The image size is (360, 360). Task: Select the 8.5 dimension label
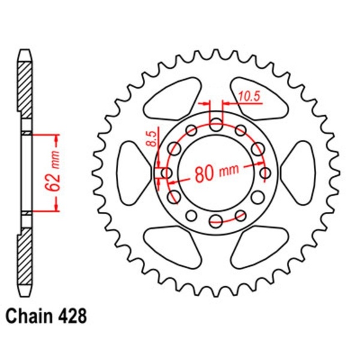pos(152,139)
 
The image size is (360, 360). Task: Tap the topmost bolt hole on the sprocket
pos(217,124)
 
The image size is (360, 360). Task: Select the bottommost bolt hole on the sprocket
pos(217,221)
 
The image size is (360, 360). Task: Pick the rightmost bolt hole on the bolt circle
pos(266,173)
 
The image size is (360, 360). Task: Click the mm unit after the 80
pos(228,172)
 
